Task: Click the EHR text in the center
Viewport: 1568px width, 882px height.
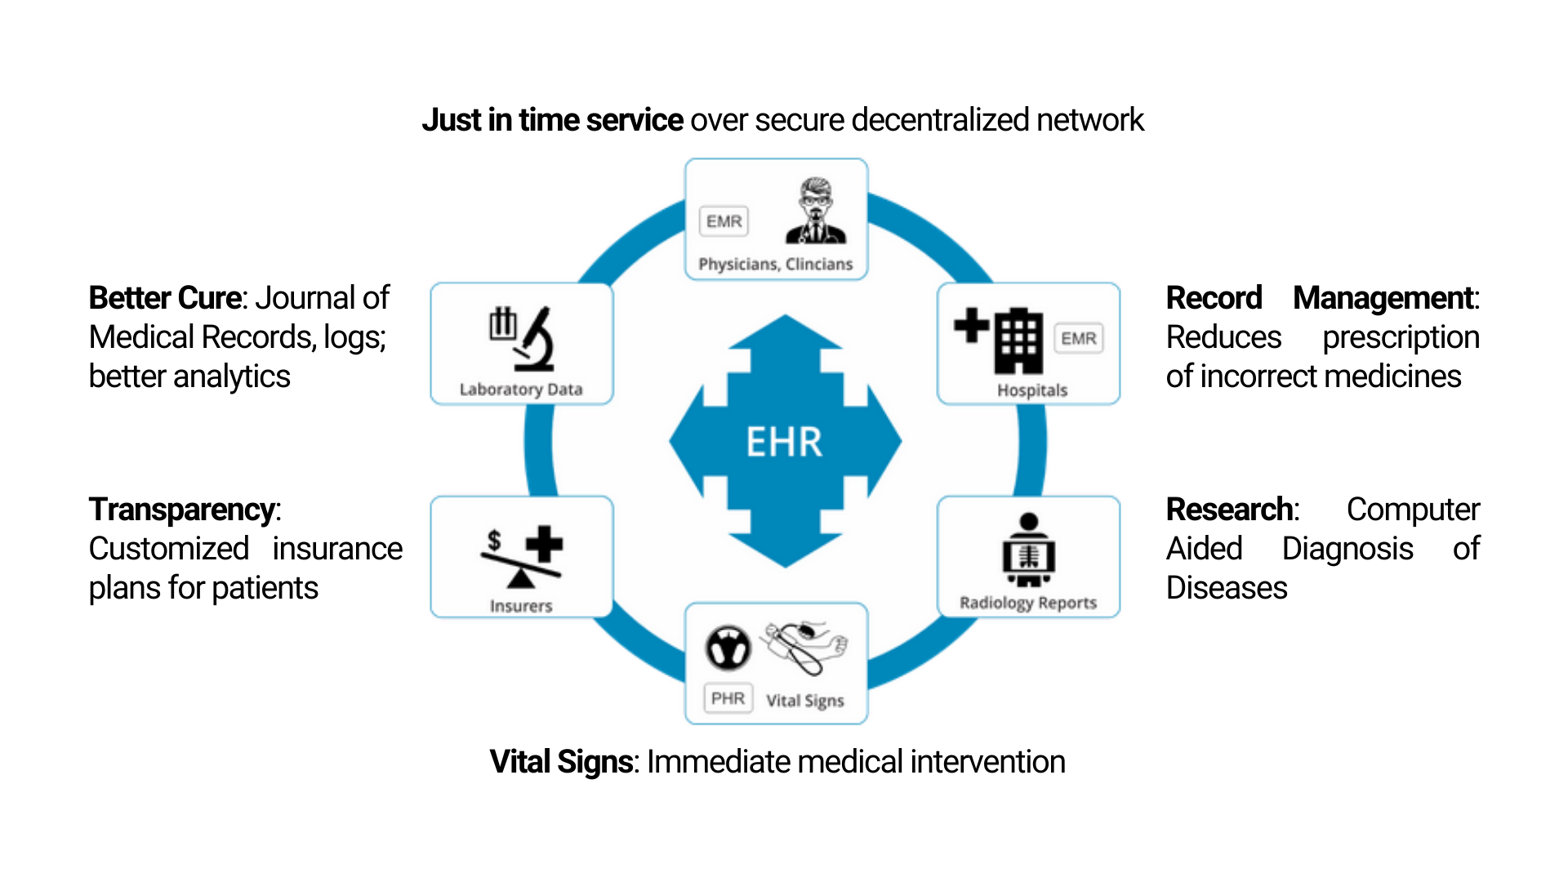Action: pyautogui.click(x=784, y=442)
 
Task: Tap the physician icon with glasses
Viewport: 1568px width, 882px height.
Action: pyautogui.click(x=816, y=212)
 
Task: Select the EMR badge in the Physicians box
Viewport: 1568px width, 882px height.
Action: pyautogui.click(x=724, y=221)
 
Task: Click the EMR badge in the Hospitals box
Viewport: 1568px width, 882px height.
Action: pyautogui.click(x=1079, y=338)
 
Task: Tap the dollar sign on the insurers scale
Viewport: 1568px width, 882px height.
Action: pyautogui.click(x=494, y=540)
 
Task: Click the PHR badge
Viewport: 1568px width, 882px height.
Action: pyautogui.click(x=728, y=698)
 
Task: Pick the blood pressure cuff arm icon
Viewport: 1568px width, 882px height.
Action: pyautogui.click(x=806, y=647)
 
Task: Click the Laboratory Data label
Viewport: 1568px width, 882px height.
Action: pyautogui.click(x=521, y=390)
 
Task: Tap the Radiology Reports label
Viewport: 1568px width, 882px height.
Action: pyautogui.click(x=1027, y=603)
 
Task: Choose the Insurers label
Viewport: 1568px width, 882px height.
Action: pyautogui.click(x=521, y=606)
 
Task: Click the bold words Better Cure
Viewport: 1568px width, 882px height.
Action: pyautogui.click(x=165, y=298)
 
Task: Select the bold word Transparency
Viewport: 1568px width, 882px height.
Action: pyautogui.click(x=182, y=510)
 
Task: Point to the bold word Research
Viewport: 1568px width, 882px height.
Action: pyautogui.click(x=1230, y=510)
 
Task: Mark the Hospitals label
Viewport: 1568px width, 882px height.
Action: pyautogui.click(x=1032, y=390)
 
